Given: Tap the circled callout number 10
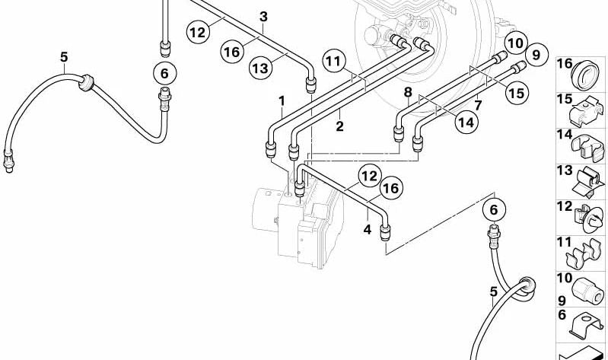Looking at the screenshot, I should pos(516,43).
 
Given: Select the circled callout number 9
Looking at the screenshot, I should pos(536,55).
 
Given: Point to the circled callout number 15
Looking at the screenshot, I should pos(517,94).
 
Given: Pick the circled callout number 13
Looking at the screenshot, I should pos(261,68).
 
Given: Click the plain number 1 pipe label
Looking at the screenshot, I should pos(282,100).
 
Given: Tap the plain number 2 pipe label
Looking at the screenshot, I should pos(339,126).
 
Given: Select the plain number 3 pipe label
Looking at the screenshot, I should pos(263,16).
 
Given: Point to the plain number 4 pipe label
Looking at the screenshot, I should pos(368,228).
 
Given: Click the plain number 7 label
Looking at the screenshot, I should pos(478,104).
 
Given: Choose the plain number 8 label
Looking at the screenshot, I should pos(408,92).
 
